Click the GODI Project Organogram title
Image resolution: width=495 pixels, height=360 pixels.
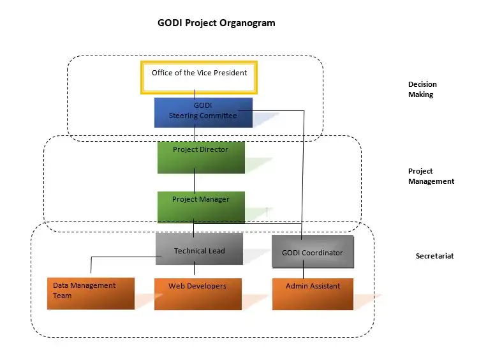click(216, 23)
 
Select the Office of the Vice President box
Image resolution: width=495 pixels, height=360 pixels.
click(199, 77)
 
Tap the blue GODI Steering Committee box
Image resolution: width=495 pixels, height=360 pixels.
click(203, 112)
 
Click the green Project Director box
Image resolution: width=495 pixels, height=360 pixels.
click(201, 157)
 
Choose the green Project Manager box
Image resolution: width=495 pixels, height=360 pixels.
click(201, 206)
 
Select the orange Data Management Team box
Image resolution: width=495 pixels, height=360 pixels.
click(91, 293)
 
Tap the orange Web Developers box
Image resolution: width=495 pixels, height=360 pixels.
click(198, 294)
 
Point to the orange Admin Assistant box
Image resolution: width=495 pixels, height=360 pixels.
click(313, 294)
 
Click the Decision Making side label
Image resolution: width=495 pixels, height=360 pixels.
click(422, 89)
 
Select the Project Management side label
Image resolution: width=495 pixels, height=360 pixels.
click(431, 176)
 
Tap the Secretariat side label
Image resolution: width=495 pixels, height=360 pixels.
click(434, 256)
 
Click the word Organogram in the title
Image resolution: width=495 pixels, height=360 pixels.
click(246, 23)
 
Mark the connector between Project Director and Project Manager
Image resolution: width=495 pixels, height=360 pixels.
click(195, 182)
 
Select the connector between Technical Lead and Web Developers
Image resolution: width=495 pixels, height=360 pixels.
click(194, 271)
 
